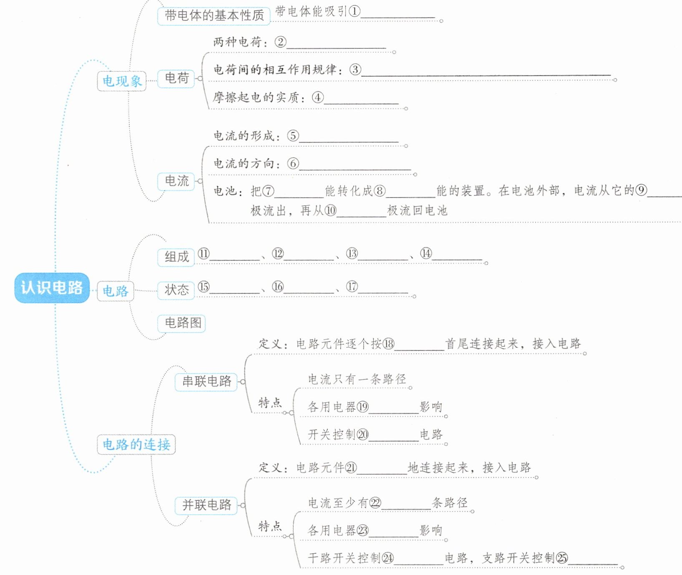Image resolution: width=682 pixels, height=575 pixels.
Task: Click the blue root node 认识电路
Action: point(52,287)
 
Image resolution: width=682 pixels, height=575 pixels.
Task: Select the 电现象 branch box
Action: point(121,81)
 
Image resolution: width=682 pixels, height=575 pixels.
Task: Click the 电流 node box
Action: point(176,181)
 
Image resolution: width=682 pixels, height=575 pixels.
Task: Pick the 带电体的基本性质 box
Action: point(214,16)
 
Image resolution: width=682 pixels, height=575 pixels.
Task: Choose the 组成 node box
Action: point(176,257)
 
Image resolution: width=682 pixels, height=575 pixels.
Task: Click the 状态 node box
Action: point(176,290)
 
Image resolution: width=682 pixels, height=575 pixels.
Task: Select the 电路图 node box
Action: point(182,323)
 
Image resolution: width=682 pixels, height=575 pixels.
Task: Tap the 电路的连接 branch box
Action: point(136,445)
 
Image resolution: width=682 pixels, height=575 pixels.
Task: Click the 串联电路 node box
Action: point(206,381)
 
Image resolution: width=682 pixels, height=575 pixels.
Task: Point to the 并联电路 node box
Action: point(206,505)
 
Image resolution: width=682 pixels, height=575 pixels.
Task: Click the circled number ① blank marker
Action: point(354,11)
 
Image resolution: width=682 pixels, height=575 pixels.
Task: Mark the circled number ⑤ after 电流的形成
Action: point(293,135)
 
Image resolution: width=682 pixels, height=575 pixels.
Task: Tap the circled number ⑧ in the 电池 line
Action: point(379,191)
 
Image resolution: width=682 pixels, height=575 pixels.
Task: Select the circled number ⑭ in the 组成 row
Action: point(426,253)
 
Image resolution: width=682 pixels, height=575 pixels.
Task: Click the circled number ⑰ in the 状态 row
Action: point(352,287)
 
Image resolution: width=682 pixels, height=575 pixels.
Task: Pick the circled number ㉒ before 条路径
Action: point(375,503)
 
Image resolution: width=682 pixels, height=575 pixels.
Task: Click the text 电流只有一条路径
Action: point(357,379)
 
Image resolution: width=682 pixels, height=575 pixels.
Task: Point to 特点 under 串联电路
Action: point(270,403)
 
